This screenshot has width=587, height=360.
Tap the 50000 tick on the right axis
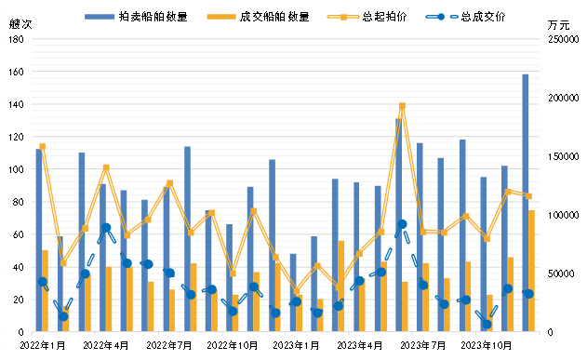(x=564, y=273)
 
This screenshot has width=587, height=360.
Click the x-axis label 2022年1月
(x=41, y=346)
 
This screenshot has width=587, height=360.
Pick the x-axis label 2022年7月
(x=170, y=346)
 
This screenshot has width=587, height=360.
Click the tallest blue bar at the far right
(x=526, y=202)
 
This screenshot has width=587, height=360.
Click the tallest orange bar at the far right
(x=532, y=270)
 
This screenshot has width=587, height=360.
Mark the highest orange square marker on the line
(x=402, y=106)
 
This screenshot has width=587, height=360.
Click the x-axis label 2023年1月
(x=297, y=346)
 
